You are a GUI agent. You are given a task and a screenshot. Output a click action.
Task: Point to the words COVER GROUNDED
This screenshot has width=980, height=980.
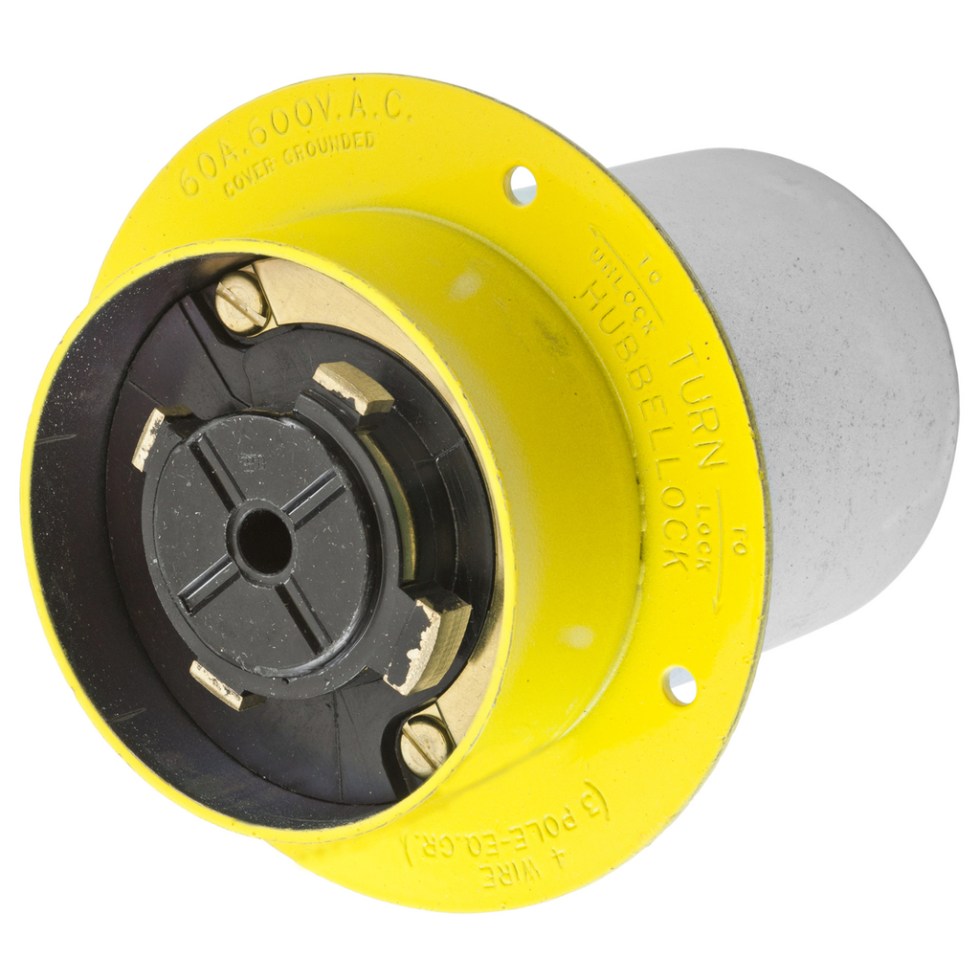coord(299,163)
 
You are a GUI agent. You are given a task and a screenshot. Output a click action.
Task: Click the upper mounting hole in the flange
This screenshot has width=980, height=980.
coord(521,184)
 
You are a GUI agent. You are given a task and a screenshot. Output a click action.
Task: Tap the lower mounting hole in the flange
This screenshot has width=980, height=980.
coord(679,685)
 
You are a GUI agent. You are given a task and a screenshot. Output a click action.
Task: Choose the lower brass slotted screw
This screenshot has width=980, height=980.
coord(425,743)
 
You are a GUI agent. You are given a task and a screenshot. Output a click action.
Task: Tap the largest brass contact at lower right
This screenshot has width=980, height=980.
coord(425,642)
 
